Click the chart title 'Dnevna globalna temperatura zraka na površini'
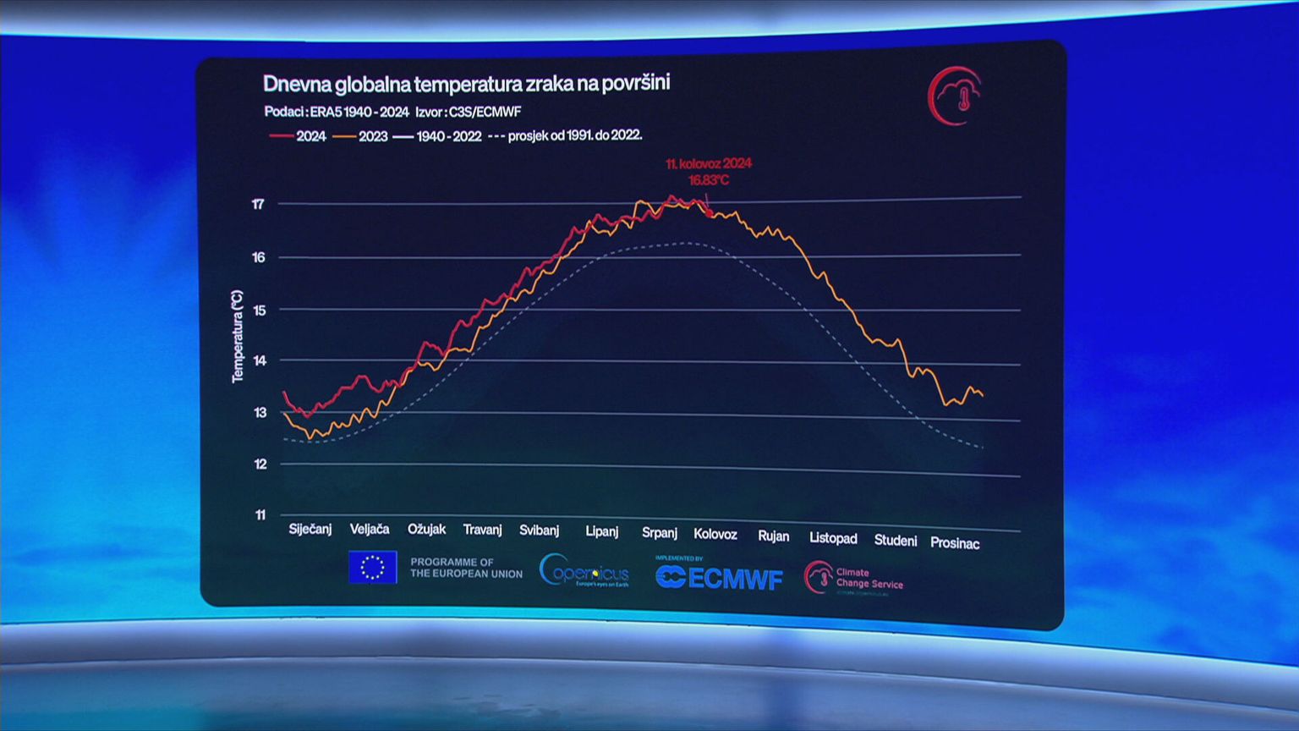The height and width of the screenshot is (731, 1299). click(x=466, y=84)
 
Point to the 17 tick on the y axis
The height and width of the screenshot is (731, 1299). click(x=258, y=204)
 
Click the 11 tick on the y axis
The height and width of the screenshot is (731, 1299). click(x=260, y=514)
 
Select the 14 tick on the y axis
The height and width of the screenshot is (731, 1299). click(x=260, y=360)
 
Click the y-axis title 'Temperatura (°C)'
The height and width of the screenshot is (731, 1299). click(x=238, y=336)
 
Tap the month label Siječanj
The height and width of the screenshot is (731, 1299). click(x=310, y=529)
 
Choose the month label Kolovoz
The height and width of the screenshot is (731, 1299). click(x=715, y=534)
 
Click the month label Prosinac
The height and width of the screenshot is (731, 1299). click(x=955, y=543)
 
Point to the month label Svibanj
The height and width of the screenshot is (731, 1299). click(x=539, y=530)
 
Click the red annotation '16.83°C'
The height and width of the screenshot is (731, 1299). click(x=709, y=180)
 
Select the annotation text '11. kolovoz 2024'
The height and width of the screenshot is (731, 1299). click(x=709, y=163)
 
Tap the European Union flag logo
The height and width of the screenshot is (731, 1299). click(x=372, y=567)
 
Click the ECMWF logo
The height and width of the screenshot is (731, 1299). click(x=720, y=578)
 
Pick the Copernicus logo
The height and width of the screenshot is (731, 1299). click(x=584, y=571)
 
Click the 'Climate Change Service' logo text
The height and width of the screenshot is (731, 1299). click(x=869, y=578)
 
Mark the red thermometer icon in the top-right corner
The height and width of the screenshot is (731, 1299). click(x=956, y=96)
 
